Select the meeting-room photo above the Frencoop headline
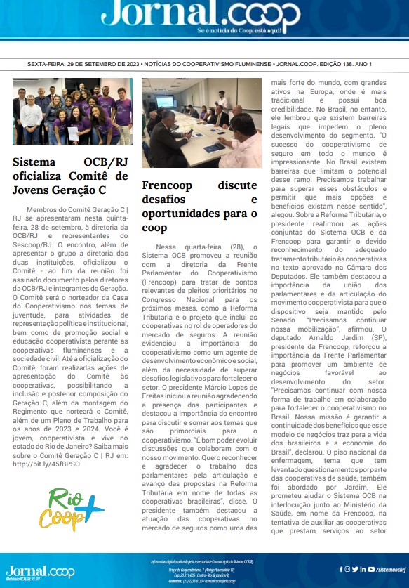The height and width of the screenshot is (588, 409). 201,123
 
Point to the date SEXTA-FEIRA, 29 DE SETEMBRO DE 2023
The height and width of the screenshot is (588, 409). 83,64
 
